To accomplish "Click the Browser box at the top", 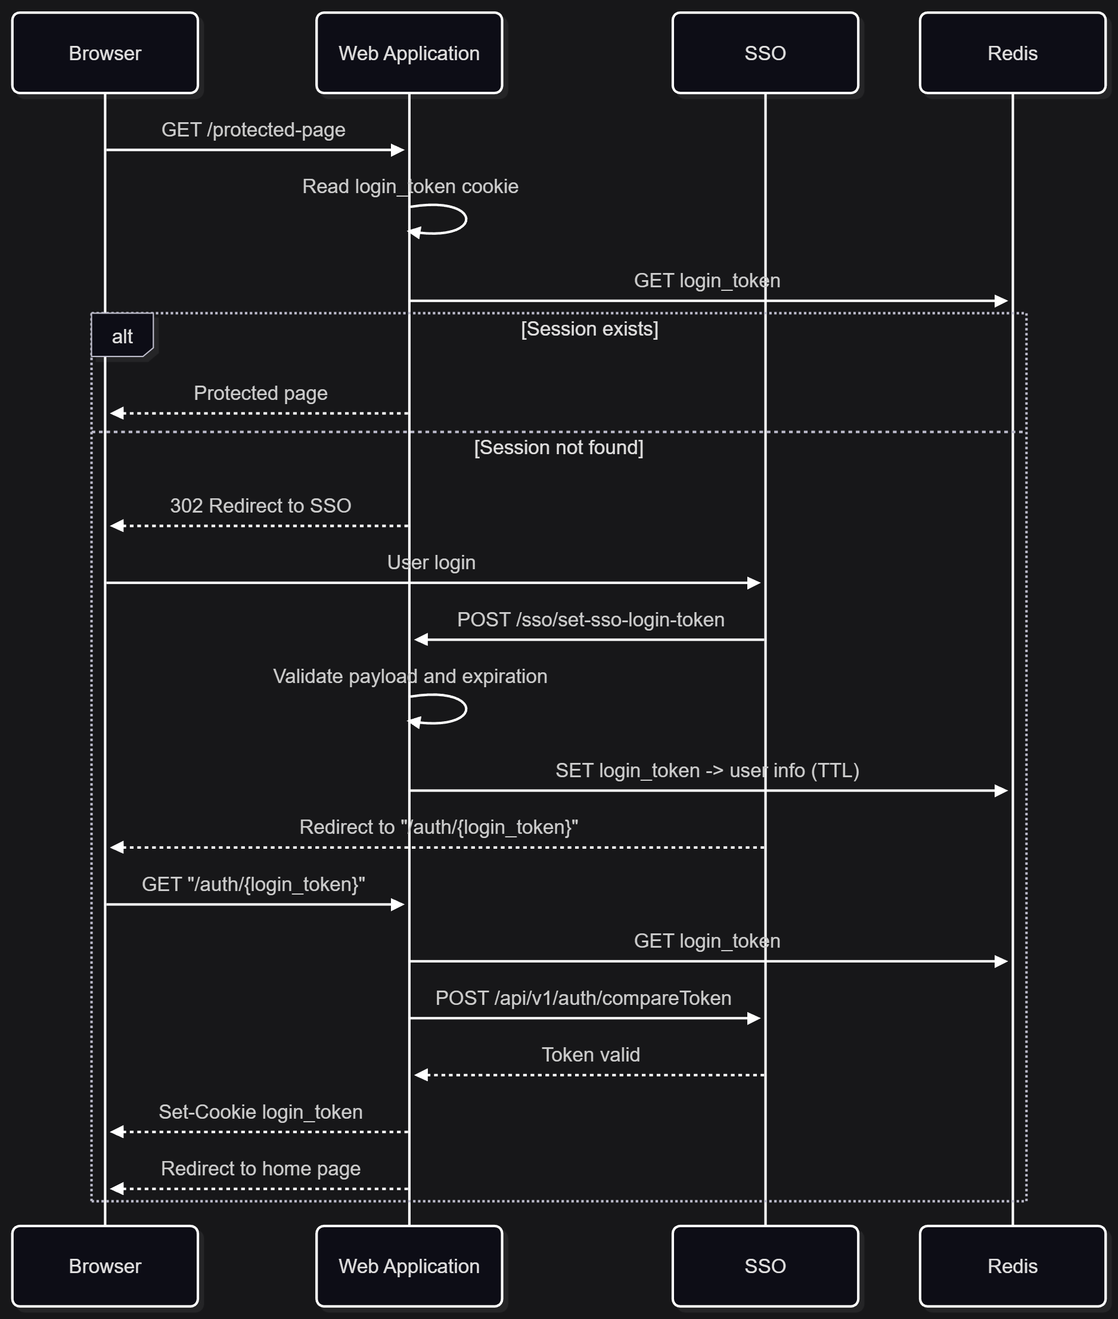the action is pos(105,53).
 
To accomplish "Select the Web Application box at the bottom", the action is pos(409,1266).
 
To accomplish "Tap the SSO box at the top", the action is pos(766,53).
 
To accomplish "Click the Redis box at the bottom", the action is pos(1013,1266).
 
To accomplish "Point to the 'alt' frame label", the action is pos(122,336).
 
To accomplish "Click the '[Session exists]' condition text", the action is pos(589,329).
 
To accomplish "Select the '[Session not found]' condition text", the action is pos(559,448).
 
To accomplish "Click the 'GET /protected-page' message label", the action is pos(253,129).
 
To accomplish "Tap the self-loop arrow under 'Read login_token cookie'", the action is pos(466,219).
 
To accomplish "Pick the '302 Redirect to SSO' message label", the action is pos(260,506).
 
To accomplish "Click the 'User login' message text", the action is pos(431,563).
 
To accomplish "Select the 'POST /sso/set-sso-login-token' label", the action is pos(591,619).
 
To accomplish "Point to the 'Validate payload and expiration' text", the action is pos(410,676).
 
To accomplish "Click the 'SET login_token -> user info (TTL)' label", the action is pos(707,770).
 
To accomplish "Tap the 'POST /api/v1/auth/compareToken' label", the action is pos(583,998).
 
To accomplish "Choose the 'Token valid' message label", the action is pos(591,1055).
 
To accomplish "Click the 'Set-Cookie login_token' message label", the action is pos(260,1112).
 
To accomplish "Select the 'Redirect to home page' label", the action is pos(260,1168).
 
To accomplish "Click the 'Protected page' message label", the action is pos(260,393).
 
